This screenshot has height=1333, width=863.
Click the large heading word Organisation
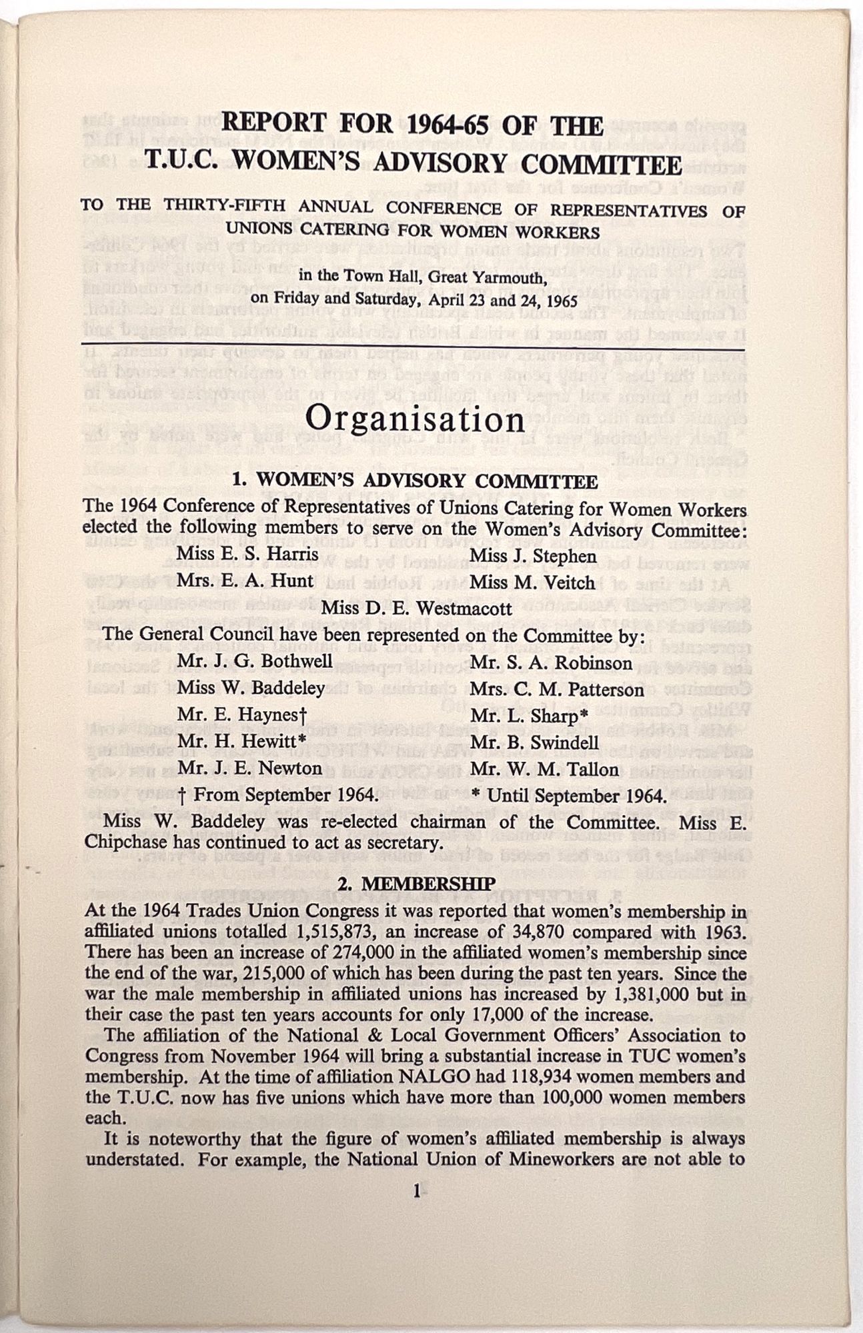(x=414, y=419)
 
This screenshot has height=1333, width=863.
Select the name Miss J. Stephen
(x=533, y=555)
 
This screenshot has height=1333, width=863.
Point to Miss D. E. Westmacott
(x=416, y=608)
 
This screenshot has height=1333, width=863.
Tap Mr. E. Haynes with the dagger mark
(x=241, y=714)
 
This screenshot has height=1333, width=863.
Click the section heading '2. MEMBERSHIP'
(x=416, y=884)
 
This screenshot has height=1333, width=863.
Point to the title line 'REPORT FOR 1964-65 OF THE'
(x=412, y=124)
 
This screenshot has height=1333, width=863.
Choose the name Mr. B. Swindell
(x=535, y=742)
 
